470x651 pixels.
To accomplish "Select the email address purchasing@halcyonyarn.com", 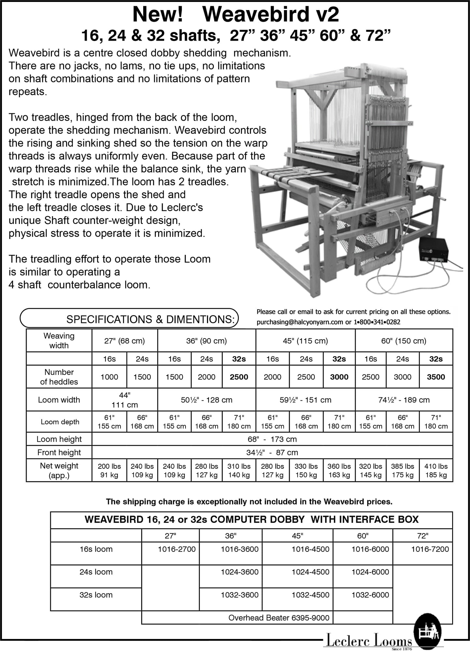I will (x=299, y=322).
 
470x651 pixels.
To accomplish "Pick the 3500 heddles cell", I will (x=435, y=377).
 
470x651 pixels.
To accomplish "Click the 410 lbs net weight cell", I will (x=435, y=470).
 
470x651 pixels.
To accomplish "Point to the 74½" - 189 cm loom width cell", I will (x=404, y=400).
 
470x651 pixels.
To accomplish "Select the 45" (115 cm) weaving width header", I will (x=305, y=341).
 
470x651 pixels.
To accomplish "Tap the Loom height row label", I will (x=59, y=439).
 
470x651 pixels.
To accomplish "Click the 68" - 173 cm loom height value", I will (x=272, y=439).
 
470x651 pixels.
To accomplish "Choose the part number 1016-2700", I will (x=177, y=549).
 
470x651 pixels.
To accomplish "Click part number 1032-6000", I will (x=370, y=595).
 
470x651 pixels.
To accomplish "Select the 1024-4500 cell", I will (x=310, y=572).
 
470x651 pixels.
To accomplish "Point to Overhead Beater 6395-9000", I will (x=279, y=617).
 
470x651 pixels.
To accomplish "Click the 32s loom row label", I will (x=96, y=595).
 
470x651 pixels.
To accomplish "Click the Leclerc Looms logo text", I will (x=369, y=642).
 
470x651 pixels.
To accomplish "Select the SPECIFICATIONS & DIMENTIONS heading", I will (x=150, y=319).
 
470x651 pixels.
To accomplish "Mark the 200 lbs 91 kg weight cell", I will (x=109, y=470).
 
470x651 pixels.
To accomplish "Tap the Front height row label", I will (x=59, y=452).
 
